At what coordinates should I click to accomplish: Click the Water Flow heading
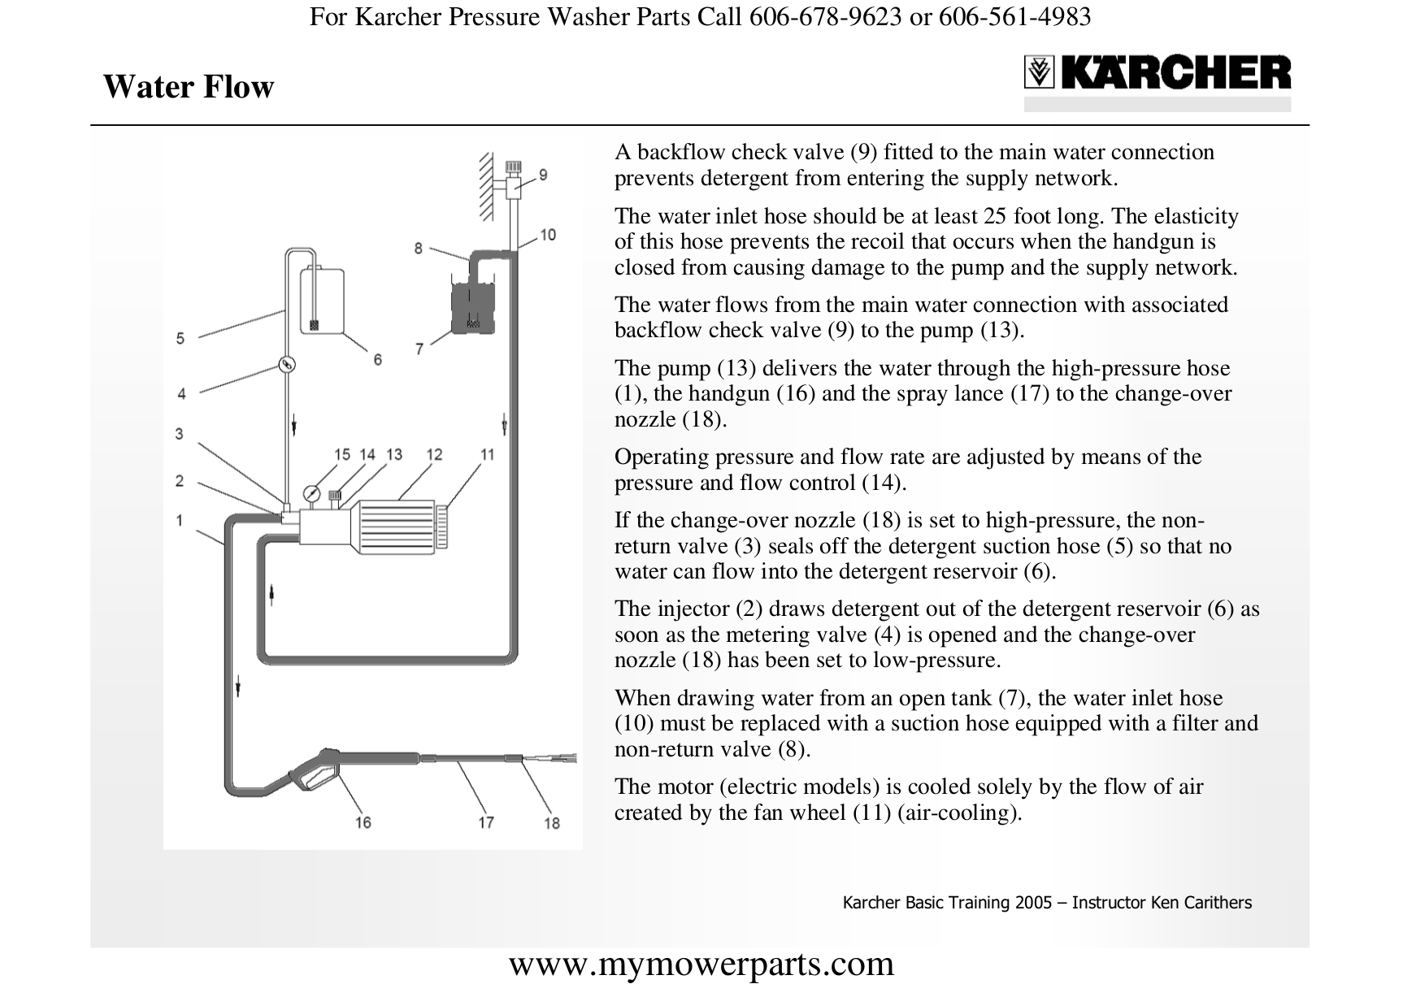click(x=189, y=87)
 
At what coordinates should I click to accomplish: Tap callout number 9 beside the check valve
click(x=543, y=175)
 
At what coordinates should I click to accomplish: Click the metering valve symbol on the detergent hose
click(x=285, y=365)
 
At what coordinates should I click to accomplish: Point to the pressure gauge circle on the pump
click(x=311, y=493)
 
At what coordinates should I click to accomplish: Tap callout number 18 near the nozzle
click(x=552, y=823)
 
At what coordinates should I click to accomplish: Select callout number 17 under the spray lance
click(x=485, y=822)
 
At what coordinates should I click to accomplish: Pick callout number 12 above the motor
click(x=434, y=454)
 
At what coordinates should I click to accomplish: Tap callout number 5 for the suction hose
click(x=180, y=338)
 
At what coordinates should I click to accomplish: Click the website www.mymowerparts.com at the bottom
click(x=701, y=964)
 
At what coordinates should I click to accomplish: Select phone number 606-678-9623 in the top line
click(x=825, y=16)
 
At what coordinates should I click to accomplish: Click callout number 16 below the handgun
click(x=363, y=822)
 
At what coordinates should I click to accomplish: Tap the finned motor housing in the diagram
click(x=394, y=526)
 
